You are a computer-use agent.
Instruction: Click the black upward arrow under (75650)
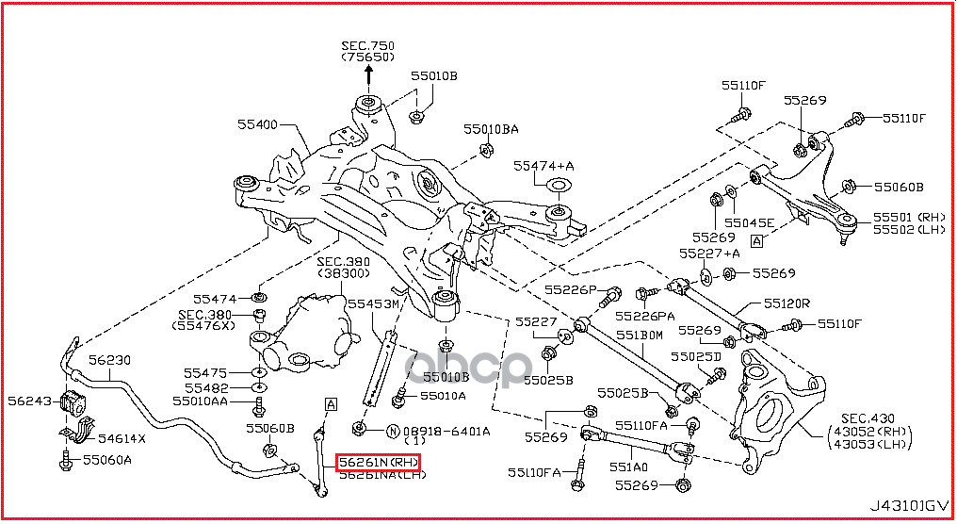pos(368,78)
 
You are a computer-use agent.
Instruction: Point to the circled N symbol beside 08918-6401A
pos(393,432)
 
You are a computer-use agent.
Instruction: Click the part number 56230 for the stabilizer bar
pos(110,360)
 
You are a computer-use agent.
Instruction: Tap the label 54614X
pos(122,438)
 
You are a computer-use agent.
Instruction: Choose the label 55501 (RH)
pos(907,216)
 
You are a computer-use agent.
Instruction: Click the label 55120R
pos(787,304)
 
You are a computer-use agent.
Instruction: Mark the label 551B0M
pos(640,336)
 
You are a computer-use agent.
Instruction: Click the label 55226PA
pos(645,316)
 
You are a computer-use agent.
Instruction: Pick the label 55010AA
pos(200,401)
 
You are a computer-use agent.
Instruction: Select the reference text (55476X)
pos(202,326)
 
